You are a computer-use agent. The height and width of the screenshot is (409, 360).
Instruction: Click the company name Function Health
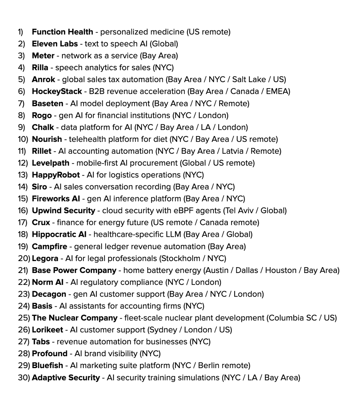[x=62, y=32]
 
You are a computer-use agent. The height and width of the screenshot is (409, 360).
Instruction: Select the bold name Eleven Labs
[x=55, y=44]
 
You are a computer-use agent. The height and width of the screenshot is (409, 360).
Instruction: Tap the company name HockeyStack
[x=57, y=92]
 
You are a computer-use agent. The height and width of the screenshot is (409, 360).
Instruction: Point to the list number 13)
[x=22, y=175]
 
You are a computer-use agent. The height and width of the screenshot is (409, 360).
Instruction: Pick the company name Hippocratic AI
[x=59, y=235]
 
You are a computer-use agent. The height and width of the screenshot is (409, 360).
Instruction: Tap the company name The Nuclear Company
[x=75, y=318]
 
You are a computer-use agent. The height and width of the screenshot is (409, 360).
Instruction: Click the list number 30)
[x=24, y=378]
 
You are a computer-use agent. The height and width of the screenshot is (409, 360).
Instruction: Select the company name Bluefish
[x=47, y=366]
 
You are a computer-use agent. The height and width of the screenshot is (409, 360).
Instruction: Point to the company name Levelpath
[x=50, y=163]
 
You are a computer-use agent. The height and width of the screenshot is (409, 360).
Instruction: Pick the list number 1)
[x=21, y=32]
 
